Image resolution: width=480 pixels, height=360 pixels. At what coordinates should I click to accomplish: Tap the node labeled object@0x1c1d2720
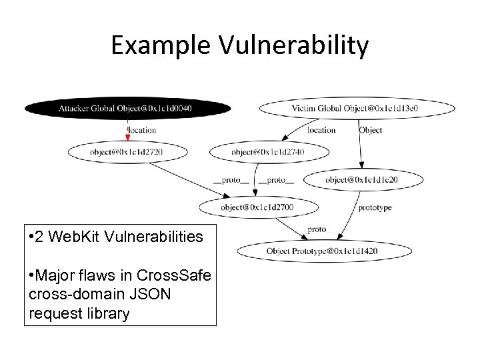pos(125,152)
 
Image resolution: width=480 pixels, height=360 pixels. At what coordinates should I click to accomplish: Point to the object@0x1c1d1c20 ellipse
pos(363,179)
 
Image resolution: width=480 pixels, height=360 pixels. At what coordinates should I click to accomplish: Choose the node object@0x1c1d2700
pos(257,207)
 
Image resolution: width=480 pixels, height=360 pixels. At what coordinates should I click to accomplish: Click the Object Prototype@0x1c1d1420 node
pos(312,251)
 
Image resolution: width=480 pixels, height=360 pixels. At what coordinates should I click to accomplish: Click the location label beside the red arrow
pos(142,130)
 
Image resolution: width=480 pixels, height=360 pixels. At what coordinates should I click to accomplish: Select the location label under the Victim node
pos(321,130)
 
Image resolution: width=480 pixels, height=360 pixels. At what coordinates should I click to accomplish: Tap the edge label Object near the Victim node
pos(371,130)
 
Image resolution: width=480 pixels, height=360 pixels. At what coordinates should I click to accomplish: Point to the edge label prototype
pos(375,207)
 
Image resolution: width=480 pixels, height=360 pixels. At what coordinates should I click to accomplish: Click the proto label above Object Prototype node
pos(317,229)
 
